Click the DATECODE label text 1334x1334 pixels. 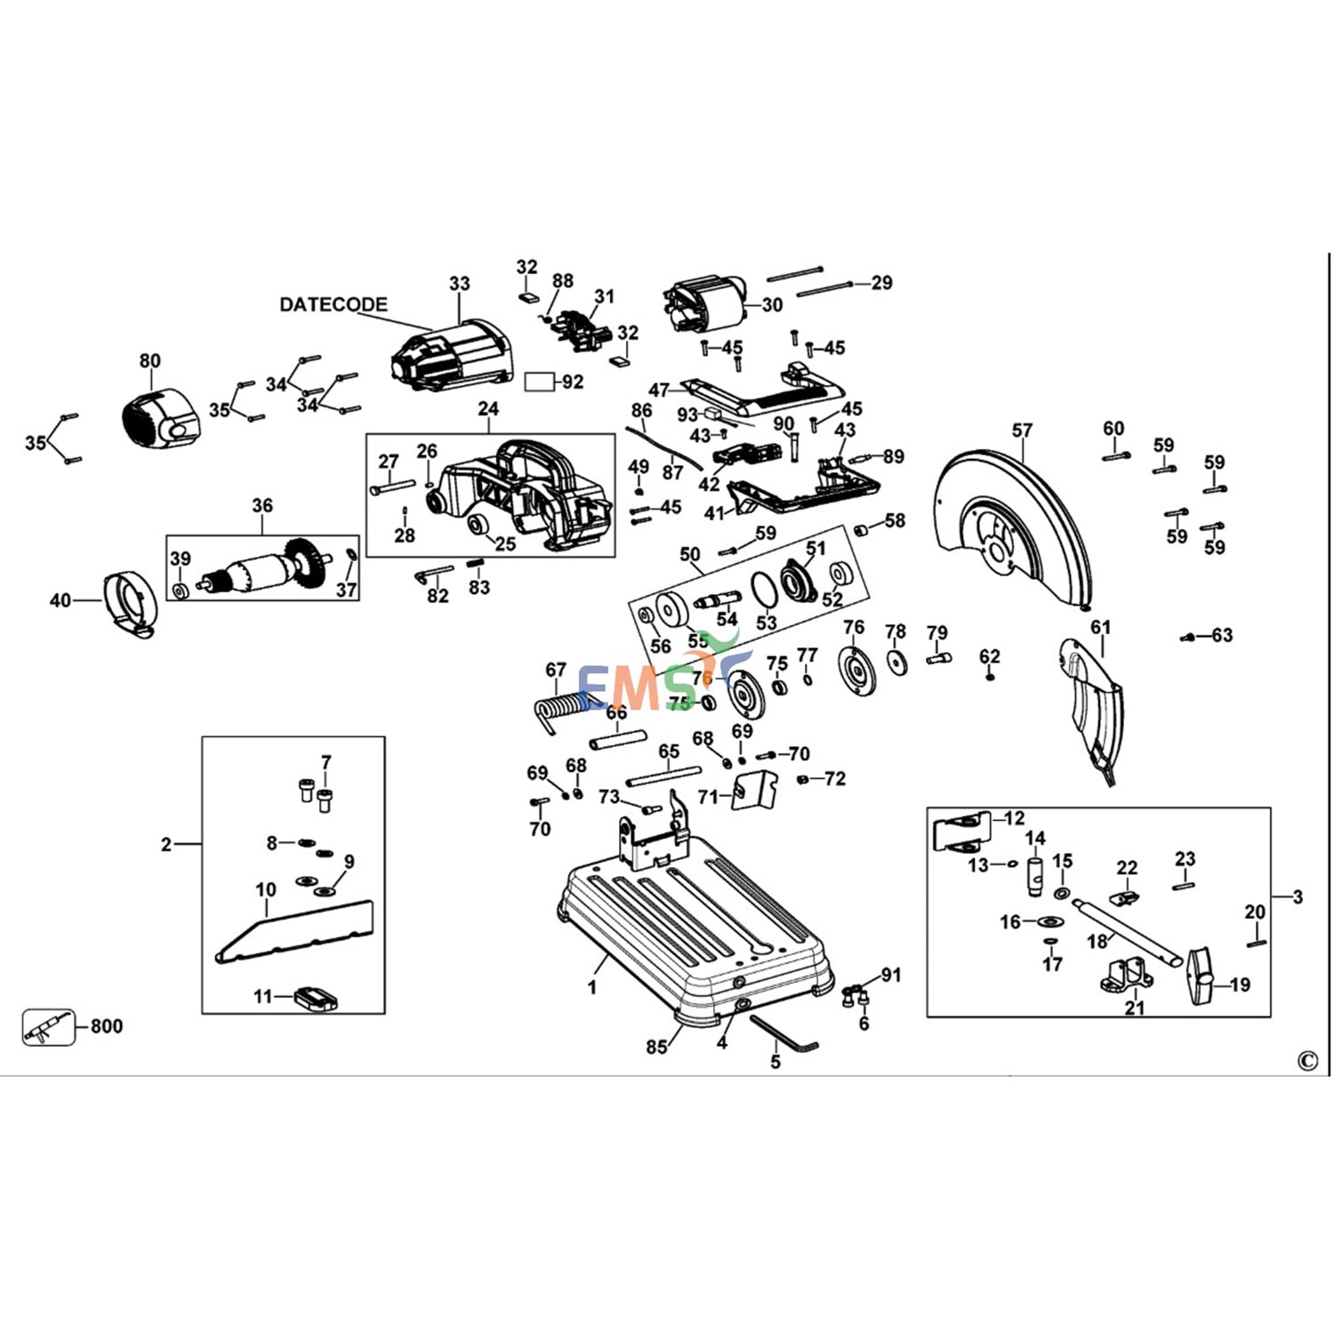[x=333, y=304]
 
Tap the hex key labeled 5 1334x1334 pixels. [x=783, y=1035]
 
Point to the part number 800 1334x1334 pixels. [x=107, y=1026]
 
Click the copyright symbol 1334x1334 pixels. [x=1307, y=1060]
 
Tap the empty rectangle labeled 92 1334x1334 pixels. [x=538, y=382]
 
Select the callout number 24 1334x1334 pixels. [x=488, y=409]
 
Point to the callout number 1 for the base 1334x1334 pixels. [x=592, y=986]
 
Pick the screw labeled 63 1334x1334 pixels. [x=1188, y=637]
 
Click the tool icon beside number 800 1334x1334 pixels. [x=49, y=1027]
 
